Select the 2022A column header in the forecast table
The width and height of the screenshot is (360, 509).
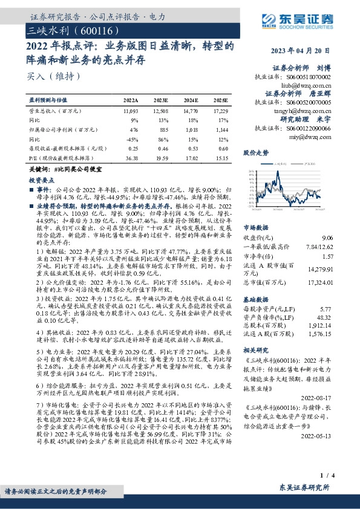tap(131, 100)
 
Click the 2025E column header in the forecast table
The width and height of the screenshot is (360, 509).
tap(220, 100)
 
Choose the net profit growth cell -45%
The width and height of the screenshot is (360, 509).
tap(132, 138)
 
